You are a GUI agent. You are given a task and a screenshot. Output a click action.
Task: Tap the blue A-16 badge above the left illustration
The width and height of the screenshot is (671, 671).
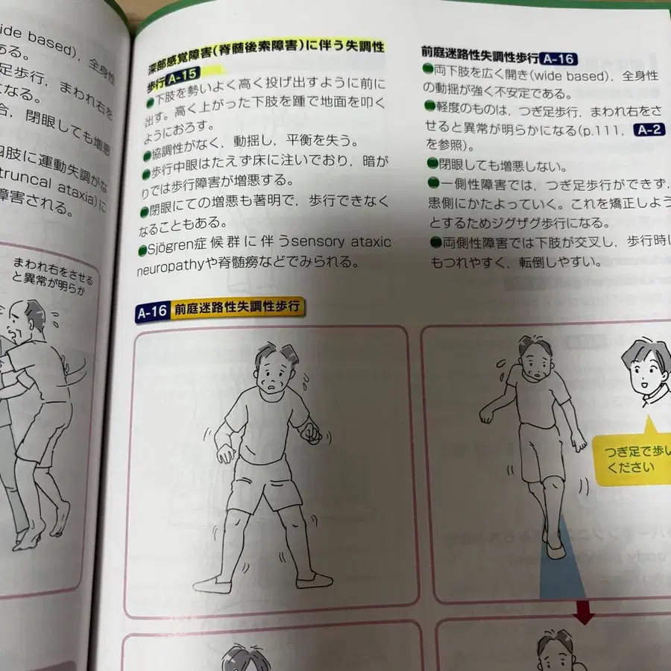tap(152, 313)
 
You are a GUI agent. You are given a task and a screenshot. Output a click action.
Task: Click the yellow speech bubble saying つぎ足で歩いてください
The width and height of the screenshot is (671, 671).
tap(631, 461)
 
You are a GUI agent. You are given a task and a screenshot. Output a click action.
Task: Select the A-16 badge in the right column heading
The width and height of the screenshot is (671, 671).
tap(558, 58)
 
